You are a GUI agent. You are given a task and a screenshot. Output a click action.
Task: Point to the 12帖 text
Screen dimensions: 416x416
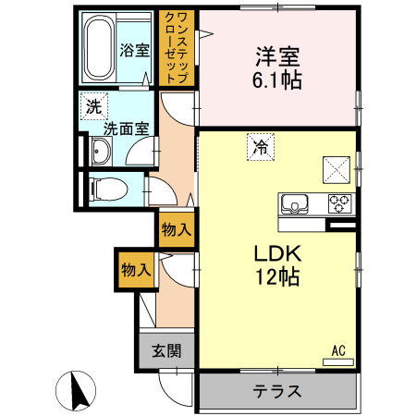tap(274, 276)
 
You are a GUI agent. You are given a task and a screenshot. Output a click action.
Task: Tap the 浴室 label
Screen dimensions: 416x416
tap(135, 51)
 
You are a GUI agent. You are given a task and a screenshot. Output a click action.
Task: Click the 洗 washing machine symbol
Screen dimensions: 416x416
tap(92, 107)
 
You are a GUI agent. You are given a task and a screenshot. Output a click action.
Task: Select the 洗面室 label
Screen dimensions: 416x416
tap(125, 129)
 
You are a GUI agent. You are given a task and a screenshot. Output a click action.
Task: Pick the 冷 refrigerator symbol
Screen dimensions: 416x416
tap(261, 146)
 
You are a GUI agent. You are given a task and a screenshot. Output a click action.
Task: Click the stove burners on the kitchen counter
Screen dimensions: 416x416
tap(338, 202)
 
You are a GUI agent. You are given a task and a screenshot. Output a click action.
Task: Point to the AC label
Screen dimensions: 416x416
tap(338, 349)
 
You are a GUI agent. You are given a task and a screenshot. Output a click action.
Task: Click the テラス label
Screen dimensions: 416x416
tap(277, 390)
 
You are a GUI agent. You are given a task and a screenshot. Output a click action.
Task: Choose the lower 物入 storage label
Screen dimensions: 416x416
tap(135, 270)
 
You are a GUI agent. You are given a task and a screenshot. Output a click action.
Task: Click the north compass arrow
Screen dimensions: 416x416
tap(76, 389)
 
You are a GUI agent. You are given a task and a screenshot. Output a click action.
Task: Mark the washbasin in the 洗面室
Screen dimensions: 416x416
tap(100, 150)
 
